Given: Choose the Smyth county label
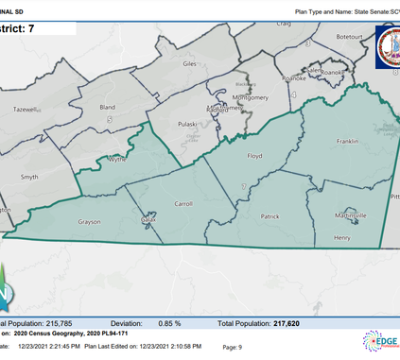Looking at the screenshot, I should (x=29, y=177).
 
